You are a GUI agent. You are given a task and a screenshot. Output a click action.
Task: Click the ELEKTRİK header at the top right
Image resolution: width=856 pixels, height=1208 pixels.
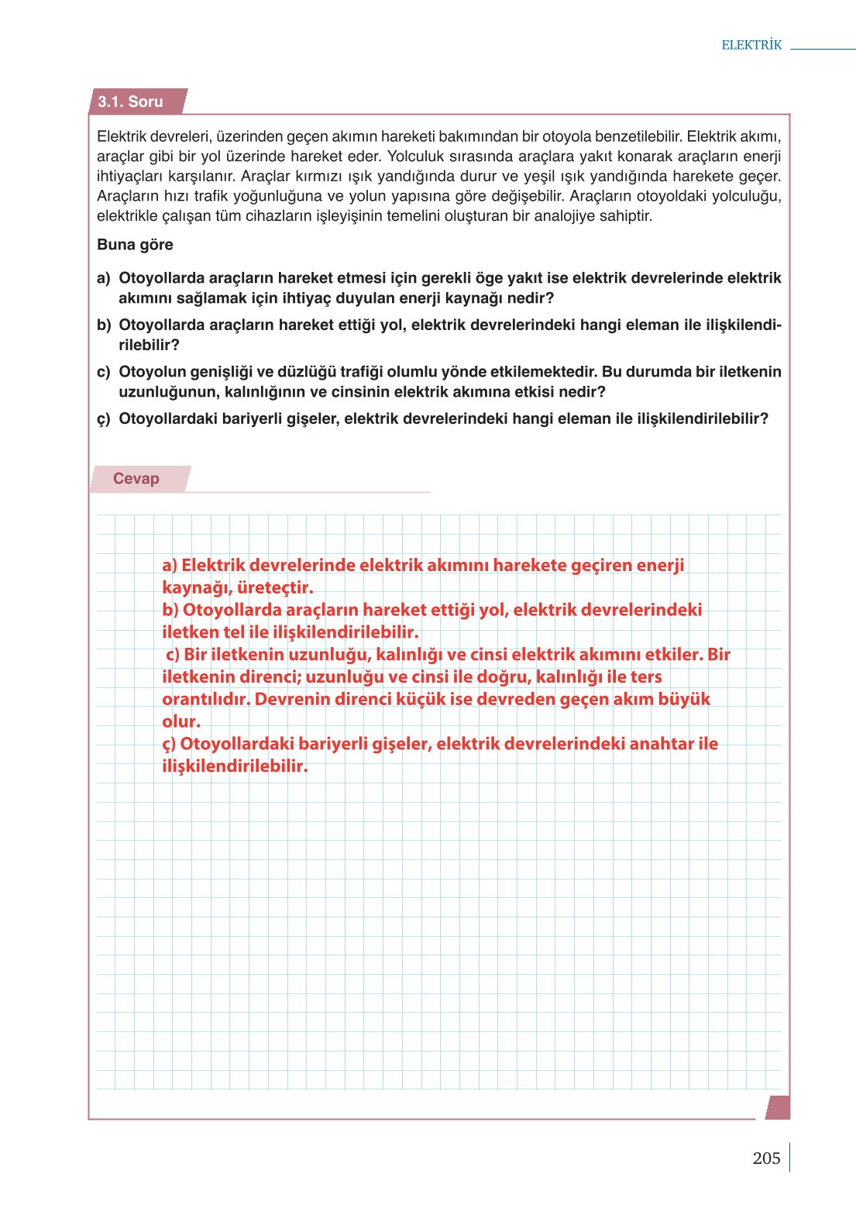751,45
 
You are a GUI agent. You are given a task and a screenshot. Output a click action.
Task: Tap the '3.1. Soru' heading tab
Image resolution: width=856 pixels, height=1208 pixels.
130,102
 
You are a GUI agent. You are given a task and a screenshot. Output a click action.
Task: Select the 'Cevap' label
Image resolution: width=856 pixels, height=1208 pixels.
136,479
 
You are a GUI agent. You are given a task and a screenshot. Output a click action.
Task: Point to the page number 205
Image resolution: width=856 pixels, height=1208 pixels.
765,1158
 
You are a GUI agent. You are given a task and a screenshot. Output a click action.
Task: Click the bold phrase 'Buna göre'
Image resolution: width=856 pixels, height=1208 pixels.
135,245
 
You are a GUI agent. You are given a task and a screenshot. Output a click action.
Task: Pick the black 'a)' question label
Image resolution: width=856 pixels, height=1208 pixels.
104,278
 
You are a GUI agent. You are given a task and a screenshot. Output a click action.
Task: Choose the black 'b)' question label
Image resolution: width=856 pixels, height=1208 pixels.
104,325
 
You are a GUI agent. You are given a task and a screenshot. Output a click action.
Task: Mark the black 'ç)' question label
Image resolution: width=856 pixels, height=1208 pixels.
104,419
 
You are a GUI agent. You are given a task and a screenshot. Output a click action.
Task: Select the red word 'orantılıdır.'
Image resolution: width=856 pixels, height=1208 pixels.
206,700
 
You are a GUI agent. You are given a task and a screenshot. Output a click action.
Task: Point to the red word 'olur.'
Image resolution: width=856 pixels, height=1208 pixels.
181,722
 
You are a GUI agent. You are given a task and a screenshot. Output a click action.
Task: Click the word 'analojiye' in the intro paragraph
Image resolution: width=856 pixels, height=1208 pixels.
565,216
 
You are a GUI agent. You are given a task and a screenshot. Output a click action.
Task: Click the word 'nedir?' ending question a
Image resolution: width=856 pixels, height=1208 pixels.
531,298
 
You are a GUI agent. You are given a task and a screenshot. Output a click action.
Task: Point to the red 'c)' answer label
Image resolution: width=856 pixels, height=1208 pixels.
173,655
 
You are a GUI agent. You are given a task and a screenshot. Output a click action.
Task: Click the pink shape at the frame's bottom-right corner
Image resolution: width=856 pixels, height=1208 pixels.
779,1107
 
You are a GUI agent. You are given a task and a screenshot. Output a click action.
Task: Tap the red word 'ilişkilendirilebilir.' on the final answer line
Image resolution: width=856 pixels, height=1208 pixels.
235,766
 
